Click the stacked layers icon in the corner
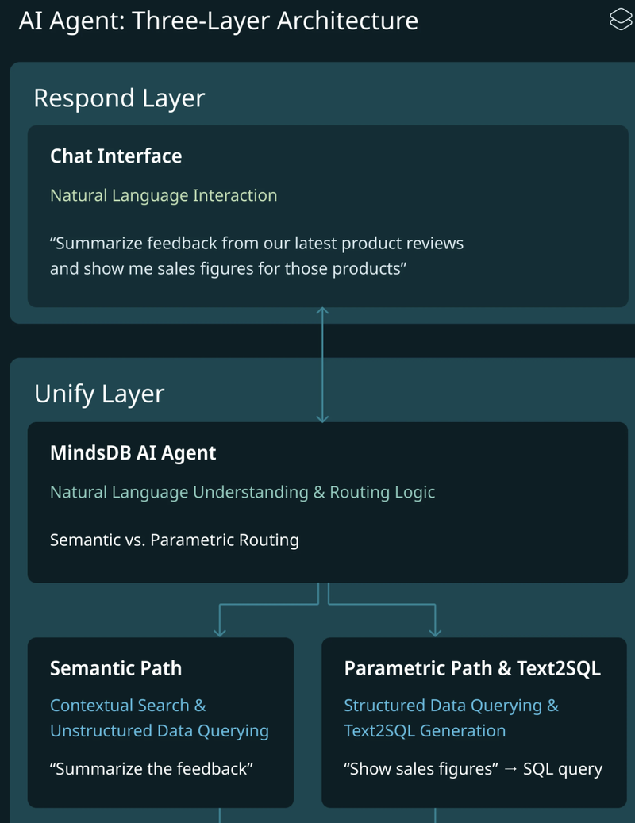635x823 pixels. coord(620,20)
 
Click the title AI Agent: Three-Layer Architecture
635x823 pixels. coord(218,21)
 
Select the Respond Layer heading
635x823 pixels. coord(119,98)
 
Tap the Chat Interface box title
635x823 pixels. coord(116,156)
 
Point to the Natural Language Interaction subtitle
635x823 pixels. coord(164,195)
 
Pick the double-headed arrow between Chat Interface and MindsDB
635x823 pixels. coord(322,364)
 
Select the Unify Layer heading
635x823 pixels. coord(99,394)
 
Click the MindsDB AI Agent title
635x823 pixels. coord(133,453)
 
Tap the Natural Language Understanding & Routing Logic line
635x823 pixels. coord(242,492)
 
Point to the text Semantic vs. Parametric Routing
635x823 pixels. coord(175,540)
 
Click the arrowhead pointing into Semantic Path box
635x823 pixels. coord(220,632)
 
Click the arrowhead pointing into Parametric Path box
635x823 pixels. coord(435,632)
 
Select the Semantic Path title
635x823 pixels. coord(116,668)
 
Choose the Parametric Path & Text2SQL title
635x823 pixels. coord(472,668)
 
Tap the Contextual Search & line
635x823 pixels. coord(128,706)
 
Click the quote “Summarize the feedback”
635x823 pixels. coord(152,769)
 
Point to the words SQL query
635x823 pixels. coord(563,769)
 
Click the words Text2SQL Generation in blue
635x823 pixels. coord(425,730)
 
